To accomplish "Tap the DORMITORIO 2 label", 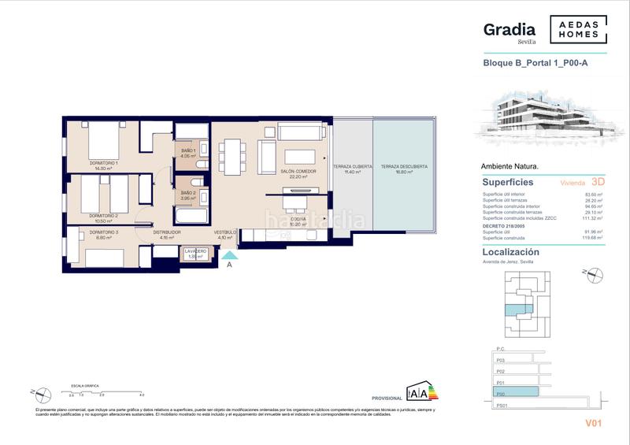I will [x=103, y=215].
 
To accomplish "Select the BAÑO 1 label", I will [x=187, y=151].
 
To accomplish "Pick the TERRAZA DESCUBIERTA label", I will [x=404, y=167].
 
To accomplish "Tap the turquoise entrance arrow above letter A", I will [x=229, y=254].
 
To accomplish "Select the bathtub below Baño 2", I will [x=189, y=214].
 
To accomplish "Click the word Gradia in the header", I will [x=509, y=29].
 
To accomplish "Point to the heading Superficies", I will [x=507, y=182].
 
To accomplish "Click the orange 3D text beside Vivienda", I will [x=598, y=181].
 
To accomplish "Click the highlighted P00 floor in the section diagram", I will [x=516, y=391].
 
